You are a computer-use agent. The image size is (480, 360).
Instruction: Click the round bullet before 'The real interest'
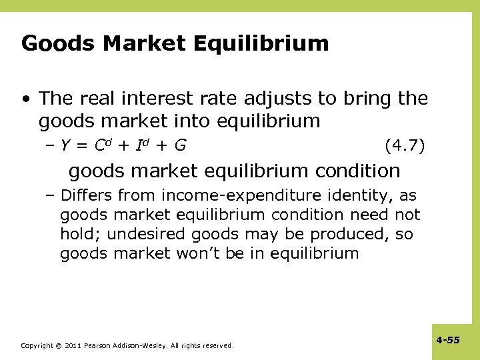click(x=26, y=99)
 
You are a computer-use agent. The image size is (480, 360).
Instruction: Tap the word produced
click(x=348, y=235)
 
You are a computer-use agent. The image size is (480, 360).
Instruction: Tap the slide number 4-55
click(x=448, y=341)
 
